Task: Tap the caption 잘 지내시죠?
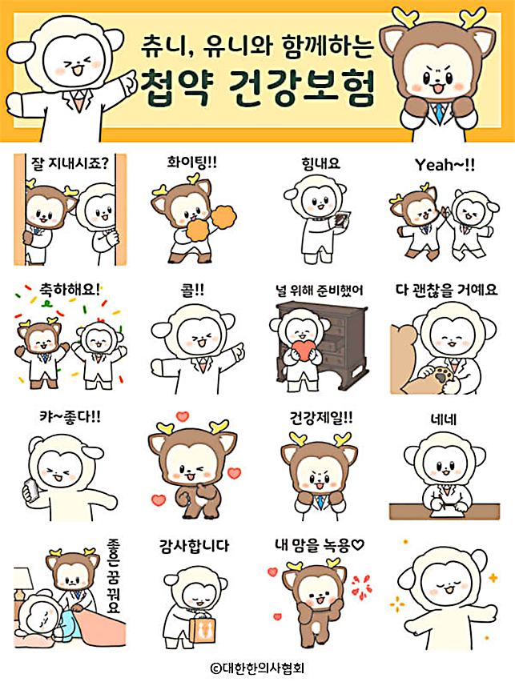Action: (70, 164)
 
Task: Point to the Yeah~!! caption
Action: (444, 164)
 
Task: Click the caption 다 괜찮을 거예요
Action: (447, 290)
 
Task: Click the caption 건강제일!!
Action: (320, 417)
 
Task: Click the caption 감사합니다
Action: (195, 546)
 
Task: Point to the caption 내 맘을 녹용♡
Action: (319, 546)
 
